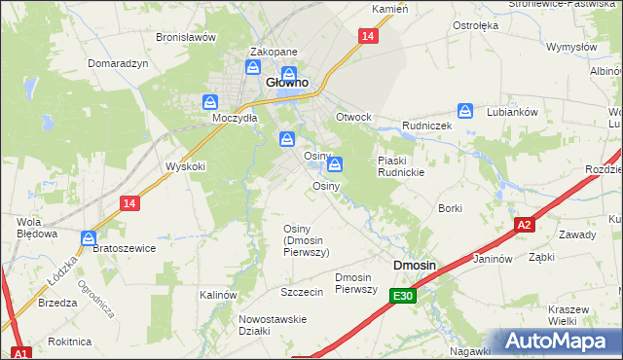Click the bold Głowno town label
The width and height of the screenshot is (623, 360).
[287, 84]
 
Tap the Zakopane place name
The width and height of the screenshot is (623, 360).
[274, 53]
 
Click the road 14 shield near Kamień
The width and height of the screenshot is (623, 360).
[366, 36]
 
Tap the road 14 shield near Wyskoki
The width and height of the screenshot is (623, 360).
[129, 202]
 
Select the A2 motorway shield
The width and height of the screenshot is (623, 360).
[525, 225]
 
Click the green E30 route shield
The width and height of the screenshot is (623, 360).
[404, 295]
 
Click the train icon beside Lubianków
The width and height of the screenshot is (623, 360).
[465, 112]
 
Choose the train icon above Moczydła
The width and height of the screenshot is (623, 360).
[210, 101]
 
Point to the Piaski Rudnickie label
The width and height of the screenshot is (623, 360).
[401, 166]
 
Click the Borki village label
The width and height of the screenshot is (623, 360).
[450, 208]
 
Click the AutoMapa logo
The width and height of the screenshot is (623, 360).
[553, 341]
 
